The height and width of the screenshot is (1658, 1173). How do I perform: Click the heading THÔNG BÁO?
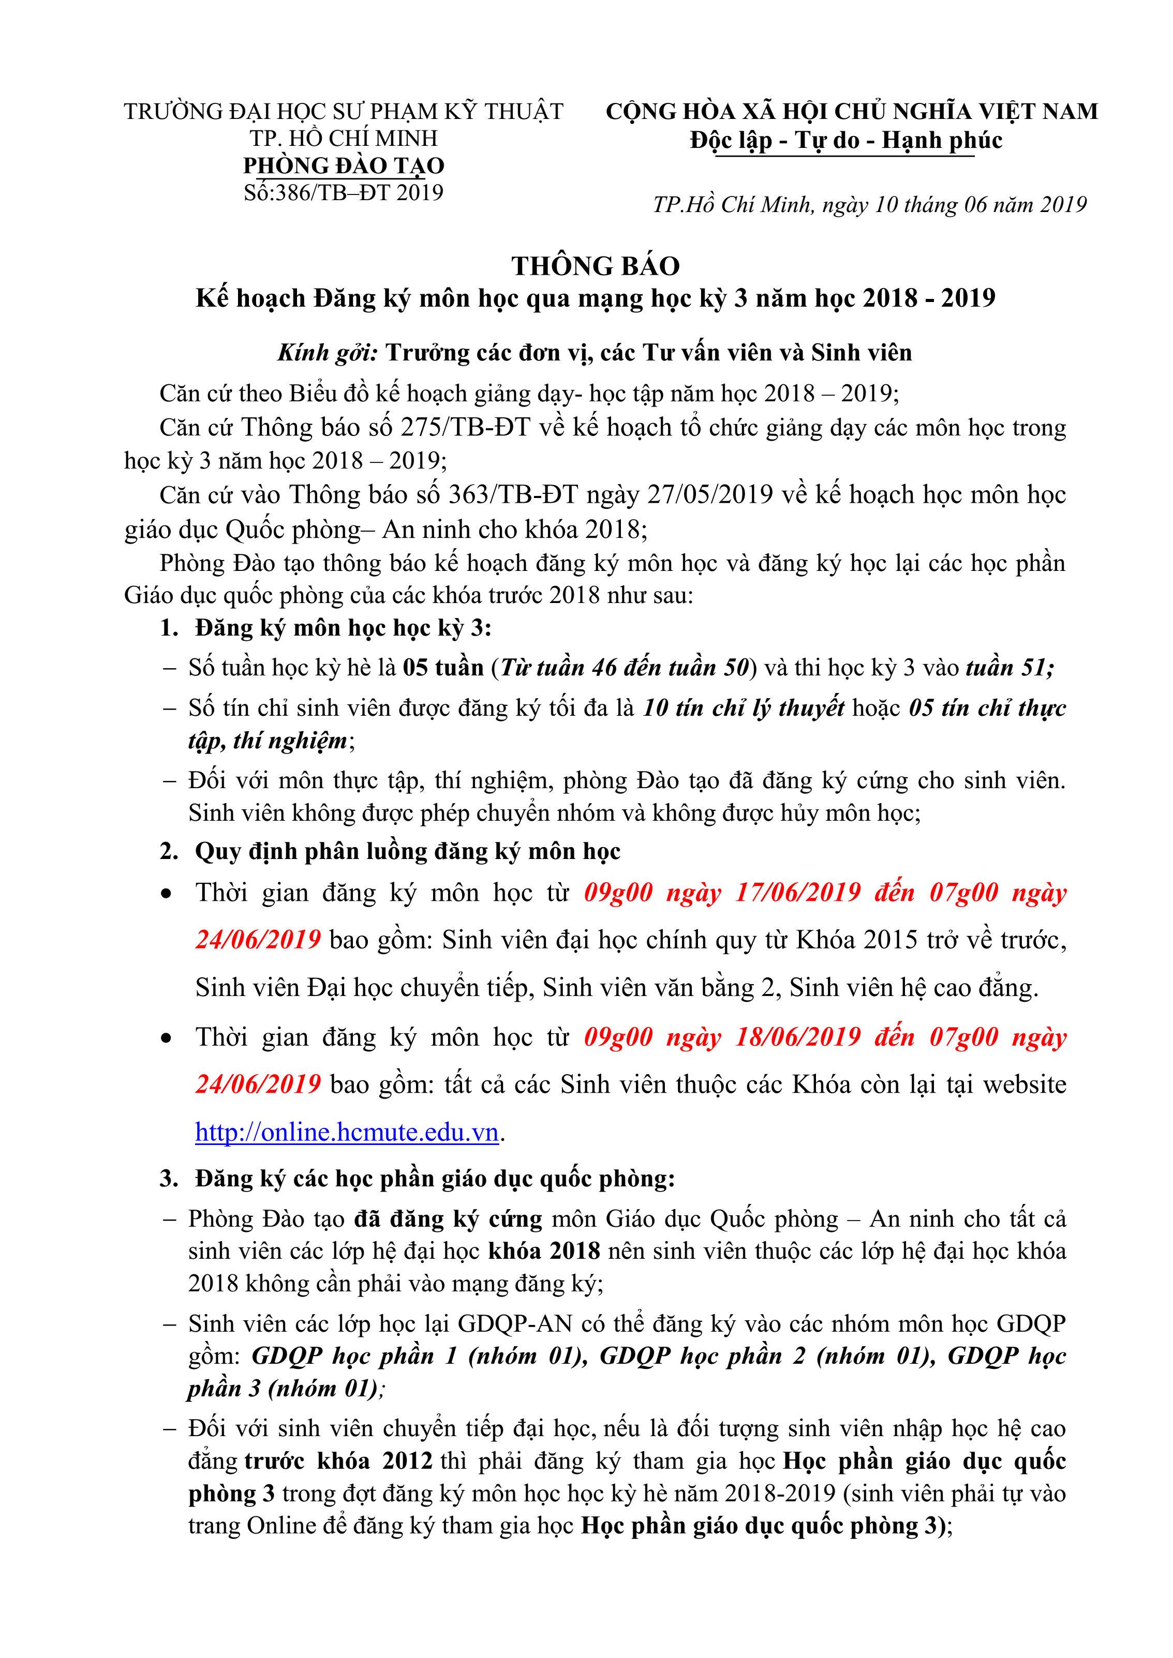pos(595,266)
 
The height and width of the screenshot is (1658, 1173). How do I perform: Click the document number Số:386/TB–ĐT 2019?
pos(343,193)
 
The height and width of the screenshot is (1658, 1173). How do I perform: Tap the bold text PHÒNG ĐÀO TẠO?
pos(343,165)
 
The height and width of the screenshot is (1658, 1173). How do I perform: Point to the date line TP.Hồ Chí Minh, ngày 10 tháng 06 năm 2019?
pos(870,205)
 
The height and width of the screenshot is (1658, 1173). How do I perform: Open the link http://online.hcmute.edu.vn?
pos(347,1132)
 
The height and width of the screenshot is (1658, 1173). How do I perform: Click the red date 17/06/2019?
pos(798,893)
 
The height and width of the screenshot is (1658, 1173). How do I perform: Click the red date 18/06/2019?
pos(798,1037)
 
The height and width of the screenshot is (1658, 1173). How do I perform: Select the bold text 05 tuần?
pos(443,667)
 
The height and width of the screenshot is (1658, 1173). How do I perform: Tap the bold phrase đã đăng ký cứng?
pos(448,1219)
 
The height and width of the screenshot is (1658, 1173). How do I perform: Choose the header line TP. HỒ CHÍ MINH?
pos(343,138)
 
